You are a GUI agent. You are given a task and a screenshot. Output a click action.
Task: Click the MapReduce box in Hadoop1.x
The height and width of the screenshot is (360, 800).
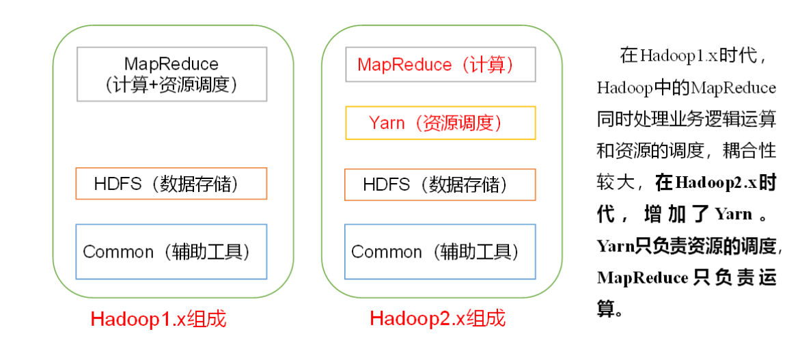(171, 74)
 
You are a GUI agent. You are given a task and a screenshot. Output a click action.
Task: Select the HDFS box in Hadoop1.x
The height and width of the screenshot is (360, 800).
(171, 184)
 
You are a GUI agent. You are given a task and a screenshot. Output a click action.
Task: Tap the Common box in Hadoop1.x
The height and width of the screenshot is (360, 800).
(171, 251)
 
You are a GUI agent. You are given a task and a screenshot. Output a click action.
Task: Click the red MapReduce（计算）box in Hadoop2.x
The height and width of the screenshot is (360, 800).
(440, 65)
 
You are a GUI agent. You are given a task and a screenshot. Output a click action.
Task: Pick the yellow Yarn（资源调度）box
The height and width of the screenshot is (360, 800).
(440, 123)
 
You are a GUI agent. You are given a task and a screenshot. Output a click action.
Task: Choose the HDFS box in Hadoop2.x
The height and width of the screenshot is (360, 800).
(440, 184)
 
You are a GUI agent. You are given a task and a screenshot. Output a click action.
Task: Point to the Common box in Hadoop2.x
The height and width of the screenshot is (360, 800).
(440, 251)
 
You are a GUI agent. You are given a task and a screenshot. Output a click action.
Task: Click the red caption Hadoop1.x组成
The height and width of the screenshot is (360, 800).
(158, 319)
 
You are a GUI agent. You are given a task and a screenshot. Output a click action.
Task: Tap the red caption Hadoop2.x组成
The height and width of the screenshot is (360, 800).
(437, 318)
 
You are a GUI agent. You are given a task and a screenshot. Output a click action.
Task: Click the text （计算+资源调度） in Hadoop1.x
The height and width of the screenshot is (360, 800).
(171, 85)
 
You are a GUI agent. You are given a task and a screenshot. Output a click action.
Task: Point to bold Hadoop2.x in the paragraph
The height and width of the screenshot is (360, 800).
(715, 183)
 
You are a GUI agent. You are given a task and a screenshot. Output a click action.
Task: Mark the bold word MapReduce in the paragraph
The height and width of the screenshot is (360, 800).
(642, 278)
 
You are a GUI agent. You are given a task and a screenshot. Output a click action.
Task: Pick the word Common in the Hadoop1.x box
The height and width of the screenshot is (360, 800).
(118, 251)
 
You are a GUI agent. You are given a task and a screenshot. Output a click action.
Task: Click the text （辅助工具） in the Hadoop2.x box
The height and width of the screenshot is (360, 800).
(475, 251)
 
